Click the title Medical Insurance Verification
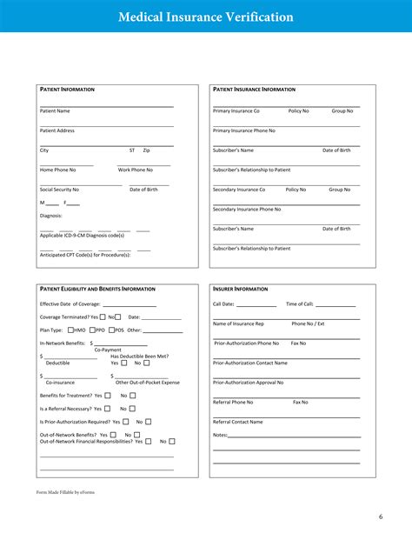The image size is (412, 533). tap(205, 17)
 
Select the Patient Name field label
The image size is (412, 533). tap(55, 111)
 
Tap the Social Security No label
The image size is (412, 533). tap(59, 189)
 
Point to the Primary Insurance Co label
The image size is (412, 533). tap(236, 111)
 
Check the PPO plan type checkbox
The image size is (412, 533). tap(92, 330)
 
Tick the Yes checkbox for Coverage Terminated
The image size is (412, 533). tap(103, 316)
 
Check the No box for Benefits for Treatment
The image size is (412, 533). tap(133, 395)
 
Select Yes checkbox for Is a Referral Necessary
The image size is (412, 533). tap(107, 408)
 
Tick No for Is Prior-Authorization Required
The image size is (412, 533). tap(148, 422)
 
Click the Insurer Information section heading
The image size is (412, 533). tap(241, 289)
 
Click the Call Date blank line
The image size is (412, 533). tap(256, 305)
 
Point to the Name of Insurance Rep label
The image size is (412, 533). tap(238, 323)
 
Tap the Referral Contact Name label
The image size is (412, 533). tap(238, 422)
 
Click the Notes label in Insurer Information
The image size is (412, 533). tap(220, 435)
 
